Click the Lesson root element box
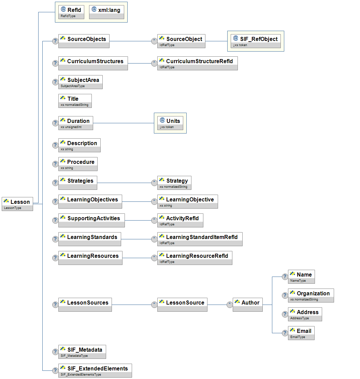[x=17, y=204]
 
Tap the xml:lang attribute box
[x=106, y=12]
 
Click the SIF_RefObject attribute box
[x=256, y=41]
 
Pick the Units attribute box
[x=170, y=123]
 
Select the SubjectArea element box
[x=80, y=82]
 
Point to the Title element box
[x=75, y=101]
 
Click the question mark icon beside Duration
[x=55, y=123]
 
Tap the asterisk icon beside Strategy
[x=154, y=183]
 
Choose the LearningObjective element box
[x=187, y=201]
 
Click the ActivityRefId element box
[x=180, y=220]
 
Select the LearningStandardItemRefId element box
[x=200, y=239]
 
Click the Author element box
[x=247, y=305]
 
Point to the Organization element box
[x=311, y=295]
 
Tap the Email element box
[x=301, y=333]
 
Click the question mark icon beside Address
[x=285, y=314]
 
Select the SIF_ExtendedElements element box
[x=95, y=370]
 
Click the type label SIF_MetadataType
[x=74, y=356]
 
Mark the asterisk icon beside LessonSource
[x=154, y=305]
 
